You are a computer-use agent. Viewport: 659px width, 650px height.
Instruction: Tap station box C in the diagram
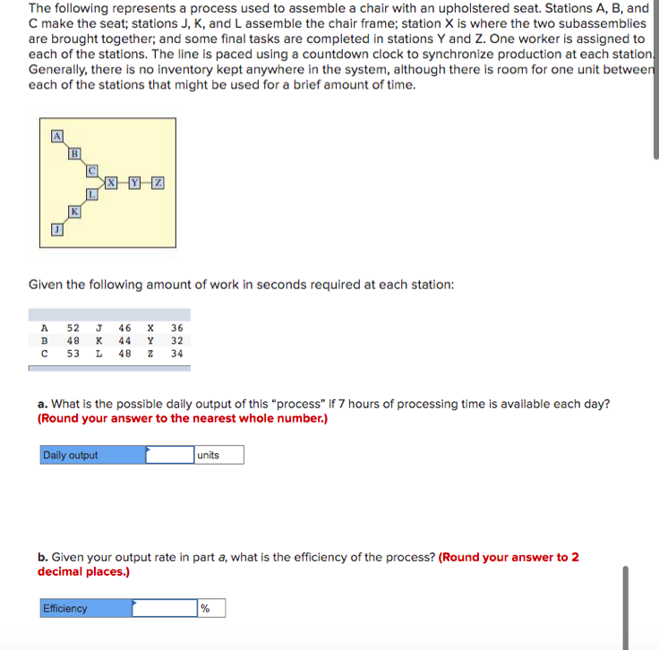pyautogui.click(x=92, y=167)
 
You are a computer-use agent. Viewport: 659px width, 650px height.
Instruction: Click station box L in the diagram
pyautogui.click(x=92, y=194)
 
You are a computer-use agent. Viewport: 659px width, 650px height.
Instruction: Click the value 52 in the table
pyautogui.click(x=73, y=328)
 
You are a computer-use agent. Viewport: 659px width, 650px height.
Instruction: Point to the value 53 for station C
pyautogui.click(x=73, y=354)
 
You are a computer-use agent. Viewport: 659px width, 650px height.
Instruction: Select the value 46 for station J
pyautogui.click(x=125, y=328)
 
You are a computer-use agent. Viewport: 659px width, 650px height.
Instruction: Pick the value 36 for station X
pyautogui.click(x=176, y=328)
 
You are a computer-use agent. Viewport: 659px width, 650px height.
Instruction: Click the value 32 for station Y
pyautogui.click(x=176, y=341)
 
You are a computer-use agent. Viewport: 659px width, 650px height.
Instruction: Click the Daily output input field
pyautogui.click(x=169, y=455)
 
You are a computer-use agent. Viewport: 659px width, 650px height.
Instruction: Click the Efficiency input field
pyautogui.click(x=165, y=609)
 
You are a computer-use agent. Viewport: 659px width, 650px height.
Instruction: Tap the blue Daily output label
pyautogui.click(x=92, y=455)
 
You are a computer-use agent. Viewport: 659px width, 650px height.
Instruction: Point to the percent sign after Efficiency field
pyautogui.click(x=205, y=609)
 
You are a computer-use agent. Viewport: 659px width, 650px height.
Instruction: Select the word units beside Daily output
pyautogui.click(x=208, y=455)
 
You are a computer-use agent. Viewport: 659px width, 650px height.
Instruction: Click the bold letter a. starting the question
pyautogui.click(x=42, y=404)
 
